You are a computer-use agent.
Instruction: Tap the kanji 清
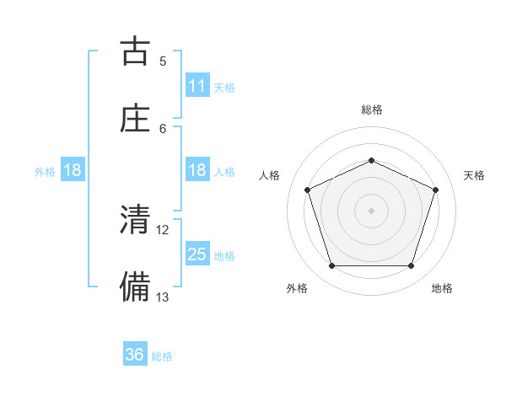pyautogui.click(x=135, y=221)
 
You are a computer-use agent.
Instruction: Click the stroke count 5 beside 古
pyautogui.click(x=163, y=61)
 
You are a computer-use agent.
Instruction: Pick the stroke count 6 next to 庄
pyautogui.click(x=163, y=128)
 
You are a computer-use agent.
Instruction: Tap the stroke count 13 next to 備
pyautogui.click(x=163, y=297)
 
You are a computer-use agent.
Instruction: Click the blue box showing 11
pyautogui.click(x=197, y=86)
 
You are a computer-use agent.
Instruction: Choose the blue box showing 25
pyautogui.click(x=197, y=254)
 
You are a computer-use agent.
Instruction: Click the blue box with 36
pyautogui.click(x=135, y=355)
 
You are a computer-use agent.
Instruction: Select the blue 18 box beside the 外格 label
pyautogui.click(x=73, y=170)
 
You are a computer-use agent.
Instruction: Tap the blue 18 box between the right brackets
pyautogui.click(x=197, y=170)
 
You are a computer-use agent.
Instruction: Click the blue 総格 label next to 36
pyautogui.click(x=162, y=356)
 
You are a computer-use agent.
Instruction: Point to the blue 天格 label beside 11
pyautogui.click(x=224, y=87)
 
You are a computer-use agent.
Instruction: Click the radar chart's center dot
pyautogui.click(x=371, y=210)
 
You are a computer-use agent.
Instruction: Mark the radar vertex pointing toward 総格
pyautogui.click(x=371, y=159)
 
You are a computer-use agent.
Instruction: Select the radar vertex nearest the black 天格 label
pyautogui.click(x=436, y=190)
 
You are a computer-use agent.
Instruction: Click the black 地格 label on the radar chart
pyautogui.click(x=442, y=289)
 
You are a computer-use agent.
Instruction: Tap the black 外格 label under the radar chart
pyautogui.click(x=297, y=289)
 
